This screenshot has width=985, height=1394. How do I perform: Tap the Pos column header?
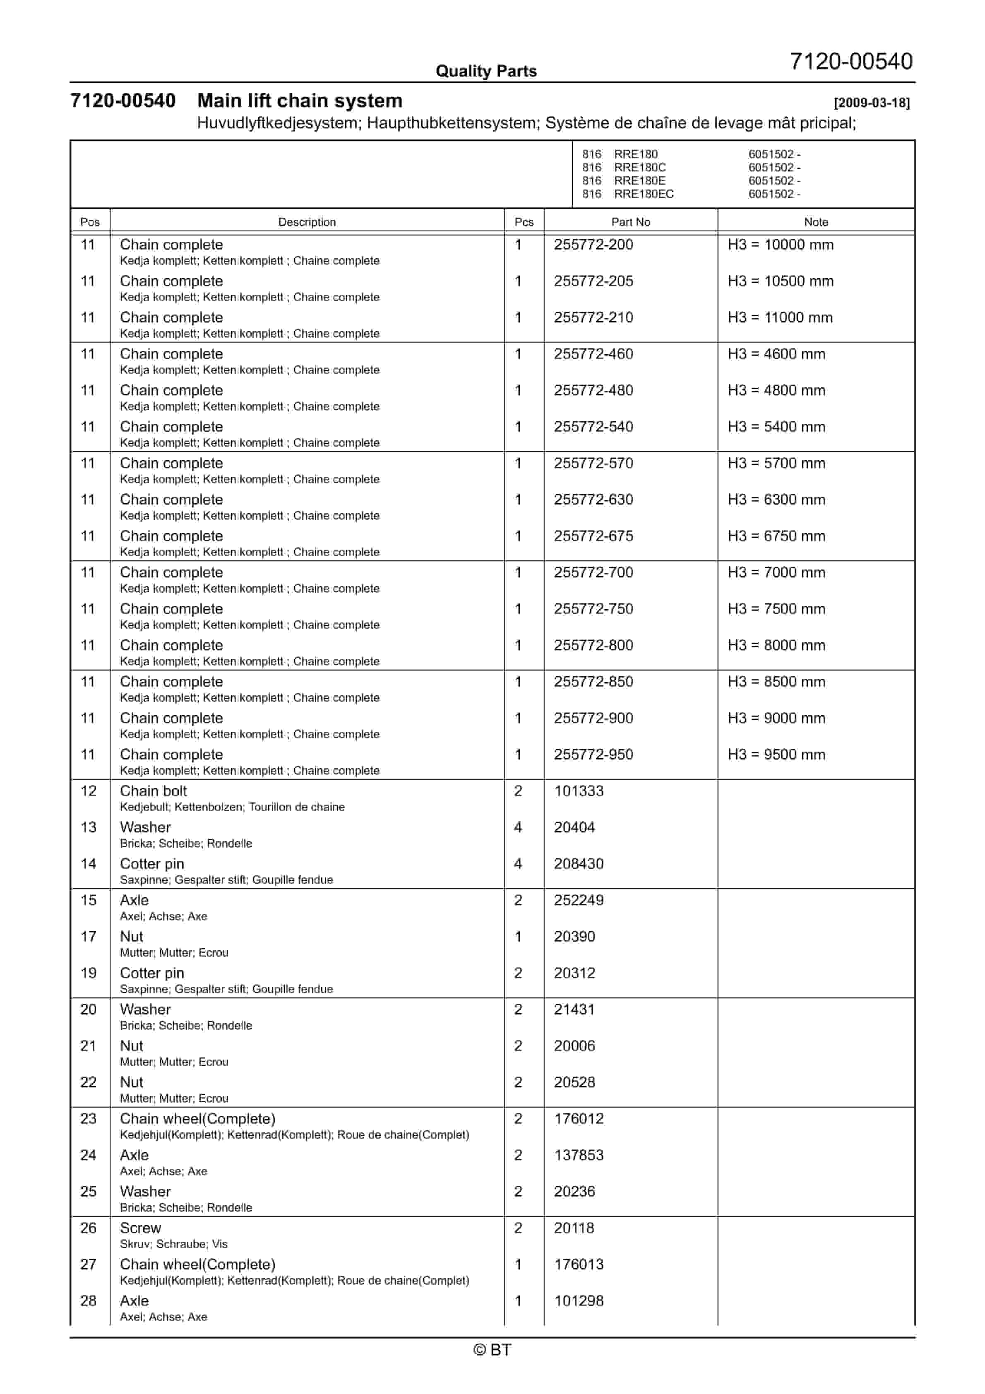(90, 222)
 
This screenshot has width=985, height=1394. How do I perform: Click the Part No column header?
(630, 222)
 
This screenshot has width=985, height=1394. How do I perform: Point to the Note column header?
(816, 222)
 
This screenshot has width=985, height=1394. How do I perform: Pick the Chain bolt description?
(154, 791)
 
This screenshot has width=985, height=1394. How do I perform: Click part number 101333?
(578, 791)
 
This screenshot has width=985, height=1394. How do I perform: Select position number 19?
(89, 973)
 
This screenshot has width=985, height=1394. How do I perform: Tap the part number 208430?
(578, 864)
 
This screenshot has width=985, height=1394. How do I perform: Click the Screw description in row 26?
(140, 1228)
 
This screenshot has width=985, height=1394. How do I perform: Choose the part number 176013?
(578, 1265)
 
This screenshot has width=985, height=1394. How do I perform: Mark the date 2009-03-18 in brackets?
(872, 103)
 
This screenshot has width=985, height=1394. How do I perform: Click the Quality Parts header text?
(486, 72)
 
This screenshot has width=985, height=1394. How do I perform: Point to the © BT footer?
(492, 1350)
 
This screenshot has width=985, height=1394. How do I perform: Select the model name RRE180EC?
(643, 194)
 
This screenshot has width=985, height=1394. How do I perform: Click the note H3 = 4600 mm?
(776, 354)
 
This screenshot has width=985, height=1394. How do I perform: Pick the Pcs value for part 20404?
(518, 827)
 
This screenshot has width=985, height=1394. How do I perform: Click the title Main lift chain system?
(299, 101)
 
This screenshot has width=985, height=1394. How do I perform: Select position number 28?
(89, 1301)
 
